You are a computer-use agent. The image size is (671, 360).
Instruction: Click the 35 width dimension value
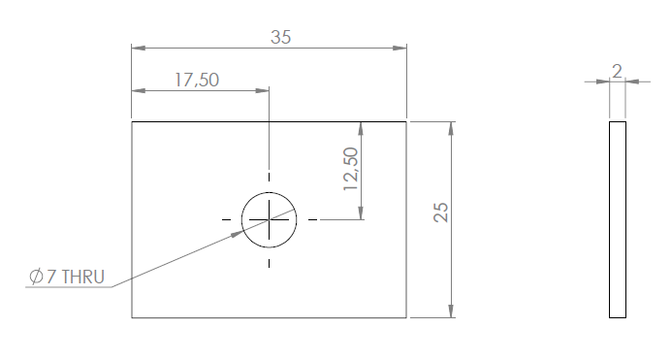click(x=281, y=37)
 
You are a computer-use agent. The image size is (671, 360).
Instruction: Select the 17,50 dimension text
click(x=197, y=80)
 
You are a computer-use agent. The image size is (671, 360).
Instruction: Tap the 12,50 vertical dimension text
click(x=351, y=169)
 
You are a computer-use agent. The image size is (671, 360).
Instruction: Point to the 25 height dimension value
click(x=441, y=213)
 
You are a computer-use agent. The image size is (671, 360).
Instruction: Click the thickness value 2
click(x=617, y=71)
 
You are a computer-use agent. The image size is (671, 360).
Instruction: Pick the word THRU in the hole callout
click(x=83, y=277)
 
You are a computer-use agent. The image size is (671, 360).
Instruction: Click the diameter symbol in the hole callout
click(x=36, y=277)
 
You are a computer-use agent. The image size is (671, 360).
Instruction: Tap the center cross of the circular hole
click(x=269, y=219)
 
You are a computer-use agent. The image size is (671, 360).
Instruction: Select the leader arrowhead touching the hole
click(x=238, y=233)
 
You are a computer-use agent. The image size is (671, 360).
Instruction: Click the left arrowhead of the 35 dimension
click(x=139, y=48)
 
